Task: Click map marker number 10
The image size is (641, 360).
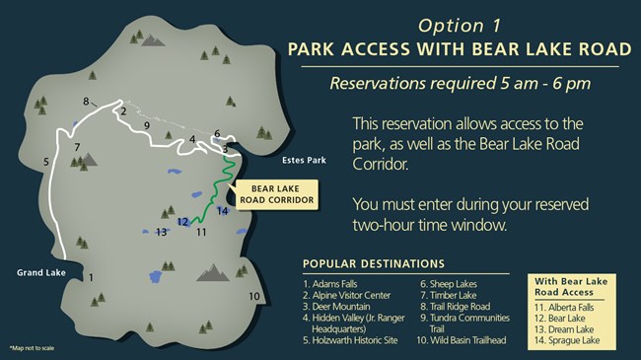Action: click(x=254, y=296)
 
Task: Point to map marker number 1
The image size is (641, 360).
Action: click(x=90, y=278)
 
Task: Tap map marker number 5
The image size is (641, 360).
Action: click(x=45, y=161)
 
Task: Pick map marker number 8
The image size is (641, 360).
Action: click(x=86, y=101)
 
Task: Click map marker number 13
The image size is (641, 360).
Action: click(x=162, y=233)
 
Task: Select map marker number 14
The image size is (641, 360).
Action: click(x=223, y=210)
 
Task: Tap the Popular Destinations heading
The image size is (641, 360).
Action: click(x=373, y=263)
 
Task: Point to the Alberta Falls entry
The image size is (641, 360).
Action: click(x=571, y=307)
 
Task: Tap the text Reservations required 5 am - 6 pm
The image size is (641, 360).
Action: click(x=461, y=84)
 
